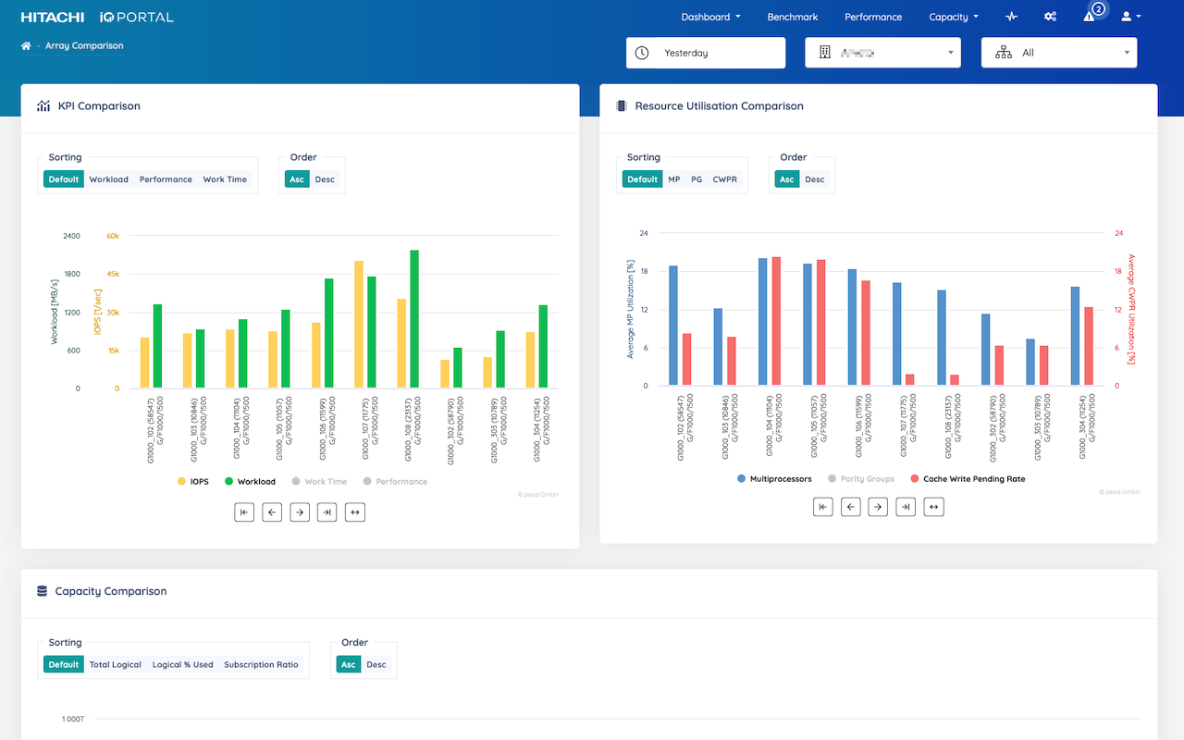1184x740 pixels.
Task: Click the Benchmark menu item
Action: tap(792, 17)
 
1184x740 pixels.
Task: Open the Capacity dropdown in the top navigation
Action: tap(953, 17)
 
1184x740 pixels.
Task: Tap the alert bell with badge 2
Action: tap(1090, 17)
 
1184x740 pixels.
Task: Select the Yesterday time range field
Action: tap(705, 53)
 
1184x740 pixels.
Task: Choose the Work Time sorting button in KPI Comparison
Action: tap(225, 179)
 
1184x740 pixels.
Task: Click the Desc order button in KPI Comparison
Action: tap(325, 179)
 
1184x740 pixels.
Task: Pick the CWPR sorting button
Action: tap(724, 179)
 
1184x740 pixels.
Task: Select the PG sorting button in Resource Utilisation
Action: tap(697, 179)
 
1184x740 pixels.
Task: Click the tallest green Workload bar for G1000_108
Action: tap(414, 319)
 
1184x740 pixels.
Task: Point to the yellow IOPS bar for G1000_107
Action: tap(359, 325)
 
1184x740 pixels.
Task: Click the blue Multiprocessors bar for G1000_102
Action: tap(673, 326)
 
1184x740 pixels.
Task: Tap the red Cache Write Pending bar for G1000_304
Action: tap(1089, 346)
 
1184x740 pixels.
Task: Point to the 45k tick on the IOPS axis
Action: tap(112, 274)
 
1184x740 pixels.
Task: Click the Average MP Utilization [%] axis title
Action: tap(630, 309)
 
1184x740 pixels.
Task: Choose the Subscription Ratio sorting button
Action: tap(261, 664)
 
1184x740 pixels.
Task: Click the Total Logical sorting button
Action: tap(115, 664)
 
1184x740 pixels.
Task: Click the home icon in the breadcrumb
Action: tap(26, 45)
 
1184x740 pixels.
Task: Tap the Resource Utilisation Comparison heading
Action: tap(719, 105)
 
